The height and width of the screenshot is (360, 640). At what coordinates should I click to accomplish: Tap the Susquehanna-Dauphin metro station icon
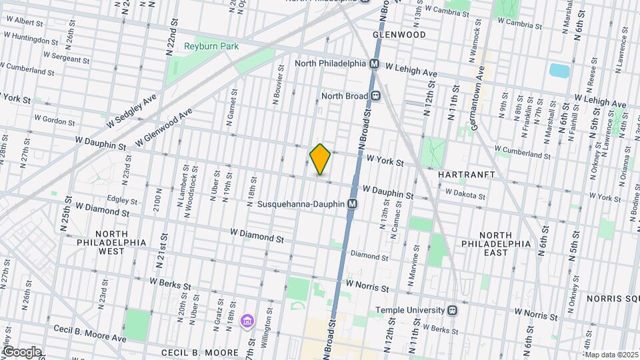pyautogui.click(x=352, y=203)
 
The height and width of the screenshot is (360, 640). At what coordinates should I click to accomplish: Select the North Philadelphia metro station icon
pyautogui.click(x=374, y=64)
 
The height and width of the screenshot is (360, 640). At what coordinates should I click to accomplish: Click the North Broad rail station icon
pyautogui.click(x=376, y=96)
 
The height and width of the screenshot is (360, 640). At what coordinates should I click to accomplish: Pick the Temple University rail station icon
pyautogui.click(x=452, y=310)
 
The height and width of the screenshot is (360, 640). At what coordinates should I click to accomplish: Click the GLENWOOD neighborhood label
pyautogui.click(x=399, y=34)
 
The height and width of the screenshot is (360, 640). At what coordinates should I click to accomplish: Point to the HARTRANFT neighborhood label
pyautogui.click(x=465, y=173)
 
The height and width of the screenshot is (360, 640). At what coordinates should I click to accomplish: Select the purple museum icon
pyautogui.click(x=247, y=322)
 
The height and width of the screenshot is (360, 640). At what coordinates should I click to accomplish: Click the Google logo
pyautogui.click(x=21, y=351)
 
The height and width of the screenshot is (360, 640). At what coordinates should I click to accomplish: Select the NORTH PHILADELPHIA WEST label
pyautogui.click(x=110, y=243)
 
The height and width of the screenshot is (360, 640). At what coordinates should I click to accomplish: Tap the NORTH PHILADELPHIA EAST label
pyautogui.click(x=505, y=244)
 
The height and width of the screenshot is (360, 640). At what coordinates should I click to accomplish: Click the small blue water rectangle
pyautogui.click(x=557, y=71)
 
